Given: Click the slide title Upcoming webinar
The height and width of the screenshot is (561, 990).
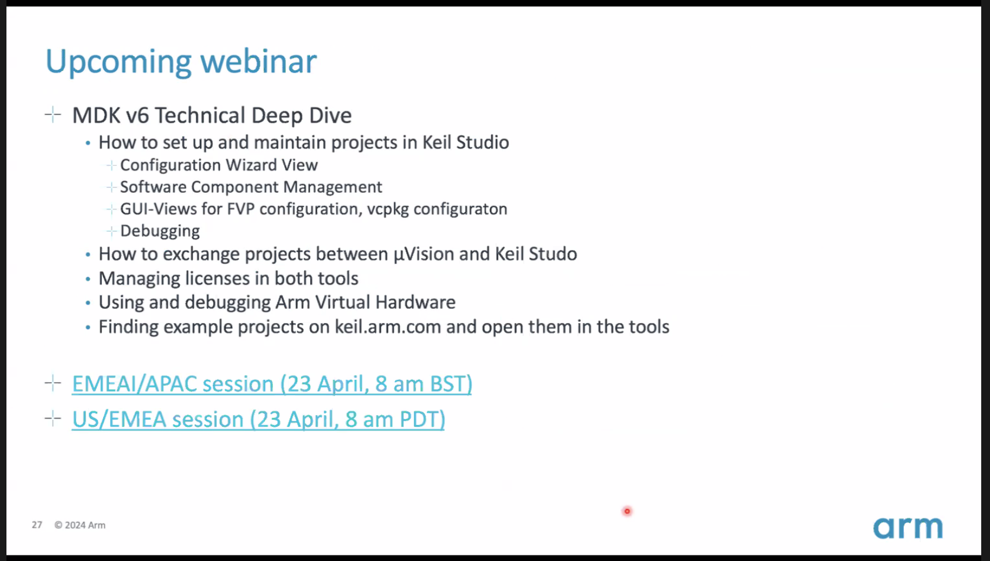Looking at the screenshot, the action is (181, 62).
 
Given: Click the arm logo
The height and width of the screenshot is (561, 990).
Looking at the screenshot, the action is (908, 528).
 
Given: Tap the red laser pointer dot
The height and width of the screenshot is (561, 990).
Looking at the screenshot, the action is (627, 512).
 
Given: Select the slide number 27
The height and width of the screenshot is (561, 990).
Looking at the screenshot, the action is (37, 525).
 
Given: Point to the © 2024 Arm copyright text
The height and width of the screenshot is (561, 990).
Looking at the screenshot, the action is (80, 525).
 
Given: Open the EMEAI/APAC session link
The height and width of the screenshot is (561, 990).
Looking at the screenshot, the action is (272, 384).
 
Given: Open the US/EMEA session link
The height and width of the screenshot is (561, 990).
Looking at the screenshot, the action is (258, 419).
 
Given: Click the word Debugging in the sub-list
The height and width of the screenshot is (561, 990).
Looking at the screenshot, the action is (160, 231).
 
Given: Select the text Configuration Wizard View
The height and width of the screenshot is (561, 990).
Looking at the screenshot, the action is (219, 165).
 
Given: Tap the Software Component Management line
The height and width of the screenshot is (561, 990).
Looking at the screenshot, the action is (251, 187).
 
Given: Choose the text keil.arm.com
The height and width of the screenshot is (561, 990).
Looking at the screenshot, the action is (387, 327).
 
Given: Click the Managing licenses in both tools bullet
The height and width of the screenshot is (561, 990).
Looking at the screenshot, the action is (228, 278).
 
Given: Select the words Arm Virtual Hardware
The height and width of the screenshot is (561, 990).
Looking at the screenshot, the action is (365, 302).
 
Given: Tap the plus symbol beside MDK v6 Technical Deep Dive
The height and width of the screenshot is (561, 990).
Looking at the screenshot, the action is (53, 115).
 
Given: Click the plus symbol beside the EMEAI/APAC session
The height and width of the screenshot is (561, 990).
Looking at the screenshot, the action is (53, 383).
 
